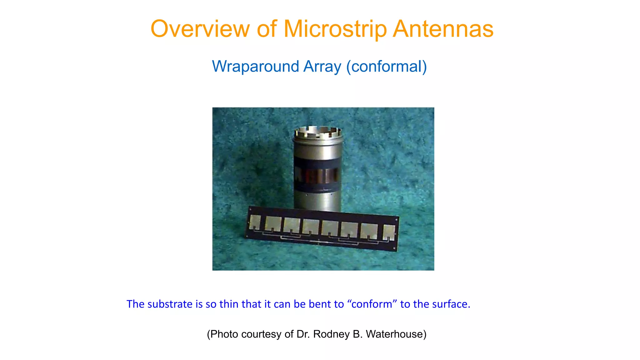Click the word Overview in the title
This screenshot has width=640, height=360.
click(200, 29)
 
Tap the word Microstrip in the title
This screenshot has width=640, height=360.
click(335, 29)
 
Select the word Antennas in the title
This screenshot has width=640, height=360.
click(443, 29)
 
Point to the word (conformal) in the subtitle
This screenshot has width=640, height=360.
click(386, 67)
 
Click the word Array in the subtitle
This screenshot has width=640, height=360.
click(322, 67)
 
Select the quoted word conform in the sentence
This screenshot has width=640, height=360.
click(372, 304)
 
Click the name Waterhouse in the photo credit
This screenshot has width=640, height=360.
click(396, 334)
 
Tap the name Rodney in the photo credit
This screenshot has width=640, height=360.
click(331, 334)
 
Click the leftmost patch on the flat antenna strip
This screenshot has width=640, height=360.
click(255, 222)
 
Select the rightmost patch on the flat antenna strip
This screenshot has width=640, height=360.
click(389, 232)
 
